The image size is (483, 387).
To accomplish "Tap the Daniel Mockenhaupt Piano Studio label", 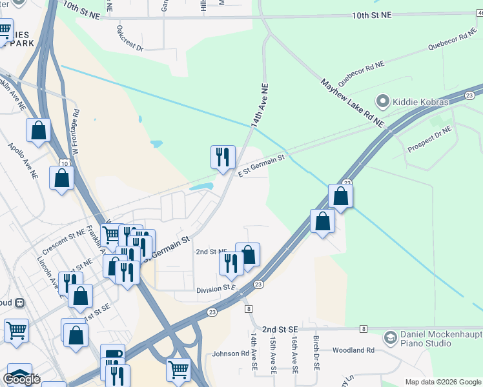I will pyautogui.click(x=434, y=337).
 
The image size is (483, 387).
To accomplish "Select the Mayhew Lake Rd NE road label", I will pyautogui.click(x=353, y=103).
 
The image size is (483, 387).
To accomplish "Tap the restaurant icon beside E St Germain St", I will pyautogui.click(x=223, y=157).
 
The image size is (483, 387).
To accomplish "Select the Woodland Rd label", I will pyautogui.click(x=353, y=350).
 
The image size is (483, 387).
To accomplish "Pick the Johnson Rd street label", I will pyautogui.click(x=231, y=353).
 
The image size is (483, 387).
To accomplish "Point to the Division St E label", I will pyautogui.click(x=216, y=290).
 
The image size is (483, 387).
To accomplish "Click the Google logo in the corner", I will pyautogui.click(x=21, y=379).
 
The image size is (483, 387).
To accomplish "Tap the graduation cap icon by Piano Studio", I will pyautogui.click(x=390, y=337).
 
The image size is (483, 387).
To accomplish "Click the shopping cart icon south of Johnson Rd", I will pyautogui.click(x=178, y=370).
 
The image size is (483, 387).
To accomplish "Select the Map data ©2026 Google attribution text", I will pyautogui.click(x=442, y=382).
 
